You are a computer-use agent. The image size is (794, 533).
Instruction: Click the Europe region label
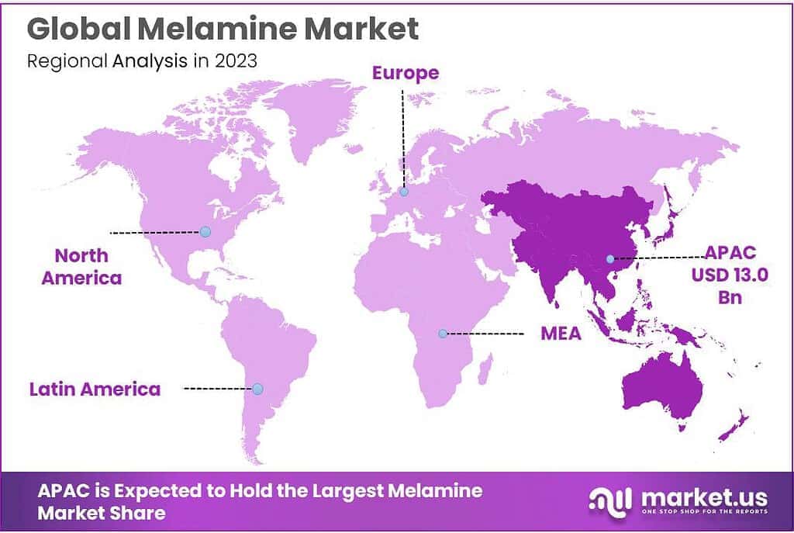(406, 73)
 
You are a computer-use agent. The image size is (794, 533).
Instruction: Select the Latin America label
(95, 388)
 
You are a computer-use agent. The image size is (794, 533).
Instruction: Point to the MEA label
(561, 334)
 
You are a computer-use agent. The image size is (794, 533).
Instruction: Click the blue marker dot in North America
(205, 231)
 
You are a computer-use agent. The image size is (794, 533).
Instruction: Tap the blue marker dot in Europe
(403, 192)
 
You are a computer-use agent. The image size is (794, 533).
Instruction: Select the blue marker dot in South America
(257, 388)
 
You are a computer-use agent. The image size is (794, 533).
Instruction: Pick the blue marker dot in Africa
(443, 334)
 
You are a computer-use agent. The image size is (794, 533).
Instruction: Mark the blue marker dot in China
(609, 258)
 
